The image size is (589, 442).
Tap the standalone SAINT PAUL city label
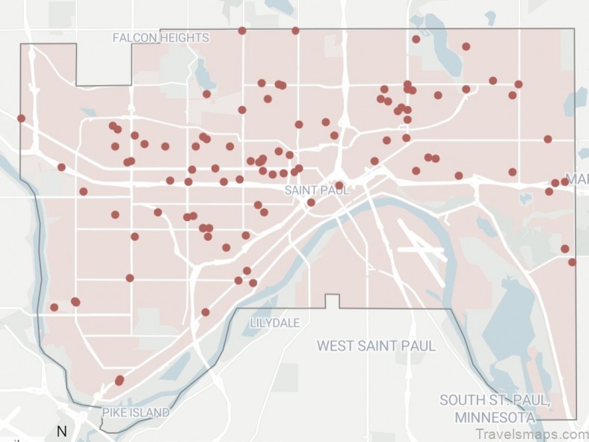(x=312, y=190)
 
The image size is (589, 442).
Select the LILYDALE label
(x=275, y=323)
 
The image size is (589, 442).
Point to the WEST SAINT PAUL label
(x=376, y=346)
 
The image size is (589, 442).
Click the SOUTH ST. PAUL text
(x=495, y=399)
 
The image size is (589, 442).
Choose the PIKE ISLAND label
(x=136, y=412)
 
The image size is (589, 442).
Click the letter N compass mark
(x=62, y=431)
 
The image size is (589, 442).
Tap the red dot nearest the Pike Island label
(x=119, y=381)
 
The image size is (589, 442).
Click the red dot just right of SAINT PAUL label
(x=339, y=185)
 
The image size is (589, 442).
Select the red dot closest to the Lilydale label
(x=253, y=283)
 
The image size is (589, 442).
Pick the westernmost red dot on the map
(x=21, y=118)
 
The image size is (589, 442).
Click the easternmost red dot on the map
(x=572, y=262)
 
